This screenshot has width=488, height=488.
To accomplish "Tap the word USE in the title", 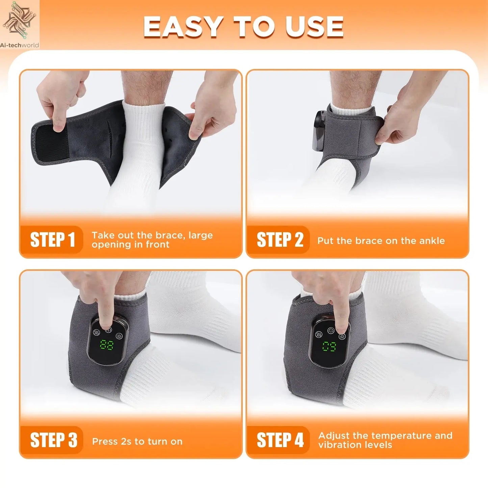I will [x=314, y=27].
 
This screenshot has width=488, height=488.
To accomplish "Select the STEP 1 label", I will [x=52, y=240].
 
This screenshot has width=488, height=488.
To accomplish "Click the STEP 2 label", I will [x=279, y=240].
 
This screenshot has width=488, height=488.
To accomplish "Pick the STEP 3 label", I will [x=53, y=440].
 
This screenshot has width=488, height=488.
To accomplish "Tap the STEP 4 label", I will [x=280, y=440].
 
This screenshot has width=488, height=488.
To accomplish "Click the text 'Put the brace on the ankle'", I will [x=381, y=241].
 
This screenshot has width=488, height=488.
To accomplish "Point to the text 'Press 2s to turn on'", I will [x=137, y=441].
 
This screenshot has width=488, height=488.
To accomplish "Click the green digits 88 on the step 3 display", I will [x=107, y=345].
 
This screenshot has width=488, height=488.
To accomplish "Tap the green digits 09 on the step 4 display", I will [x=329, y=346].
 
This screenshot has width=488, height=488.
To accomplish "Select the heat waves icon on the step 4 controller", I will [x=318, y=334].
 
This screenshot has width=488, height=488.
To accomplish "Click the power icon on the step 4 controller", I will [x=331, y=330].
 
